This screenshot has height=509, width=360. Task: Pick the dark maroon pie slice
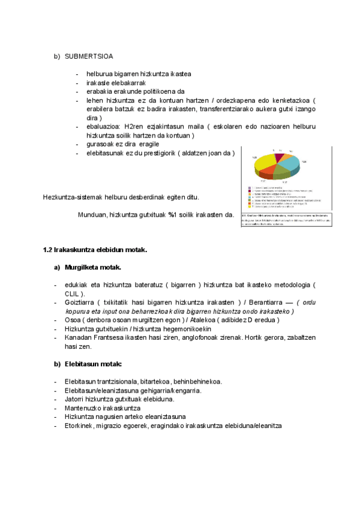[278, 157]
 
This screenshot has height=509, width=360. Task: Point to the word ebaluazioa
[102, 127]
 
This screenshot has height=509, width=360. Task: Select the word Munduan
[92, 214]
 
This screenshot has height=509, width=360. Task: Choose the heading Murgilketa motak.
[92, 267]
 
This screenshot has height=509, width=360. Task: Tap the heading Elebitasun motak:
[93, 364]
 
